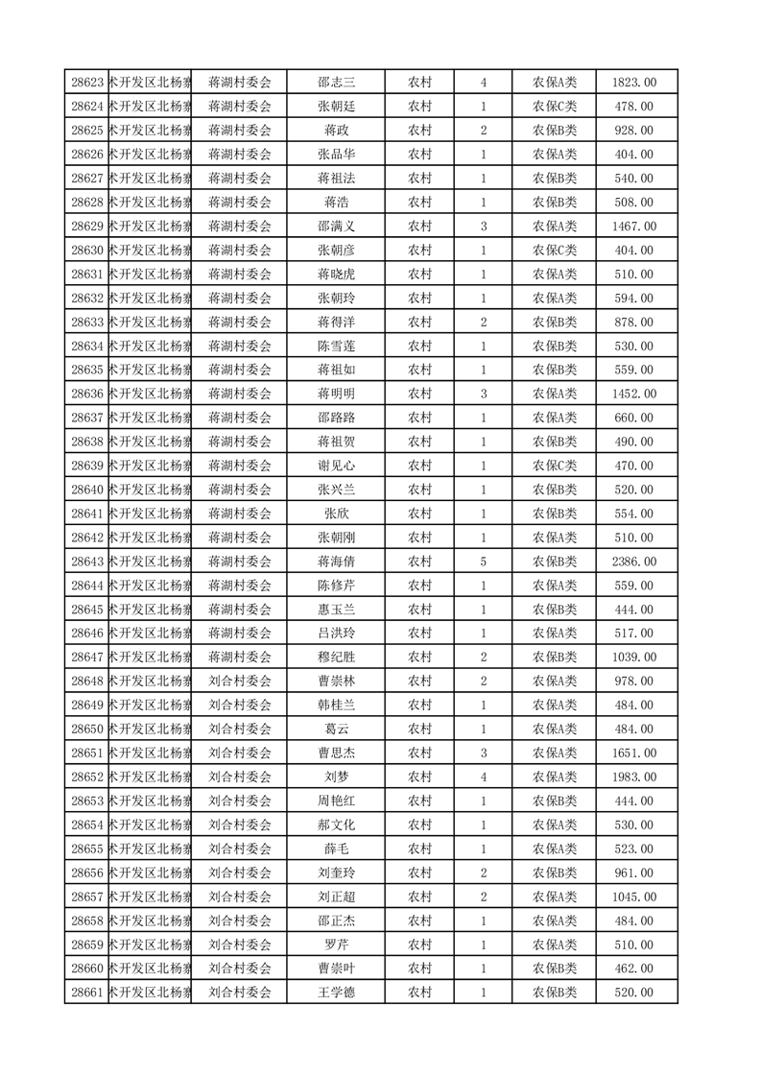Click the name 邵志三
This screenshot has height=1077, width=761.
pyautogui.click(x=336, y=83)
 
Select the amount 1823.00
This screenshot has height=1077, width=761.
pyautogui.click(x=633, y=83)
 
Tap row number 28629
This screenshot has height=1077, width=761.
pyautogui.click(x=87, y=227)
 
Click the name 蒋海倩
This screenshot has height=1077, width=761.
pyautogui.click(x=336, y=562)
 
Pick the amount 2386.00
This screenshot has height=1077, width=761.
pyautogui.click(x=633, y=562)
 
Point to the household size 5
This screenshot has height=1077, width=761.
pyautogui.click(x=483, y=562)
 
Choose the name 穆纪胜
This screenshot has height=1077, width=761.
pyautogui.click(x=336, y=658)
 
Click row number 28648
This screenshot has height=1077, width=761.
pyautogui.click(x=87, y=682)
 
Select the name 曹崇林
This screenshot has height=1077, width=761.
pyautogui.click(x=336, y=682)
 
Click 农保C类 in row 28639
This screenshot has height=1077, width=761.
pyautogui.click(x=555, y=466)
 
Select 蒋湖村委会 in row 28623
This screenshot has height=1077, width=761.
pyautogui.click(x=240, y=83)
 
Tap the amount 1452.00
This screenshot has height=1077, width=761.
pyautogui.click(x=633, y=394)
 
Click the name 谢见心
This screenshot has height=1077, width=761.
pyautogui.click(x=336, y=466)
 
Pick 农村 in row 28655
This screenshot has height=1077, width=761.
pyautogui.click(x=419, y=849)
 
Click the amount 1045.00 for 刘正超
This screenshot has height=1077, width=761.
pyautogui.click(x=633, y=897)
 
